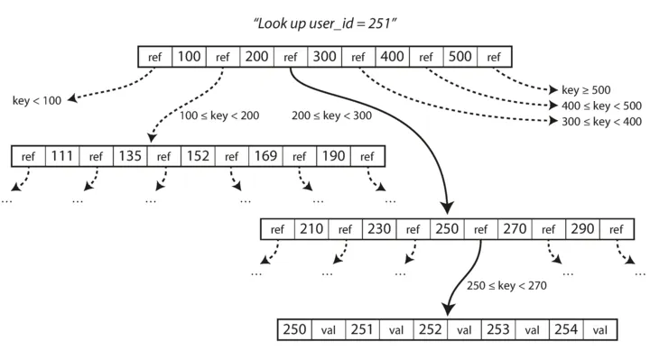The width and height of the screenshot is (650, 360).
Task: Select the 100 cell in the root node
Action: [x=189, y=57]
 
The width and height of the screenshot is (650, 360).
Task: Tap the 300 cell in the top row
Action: [x=324, y=57]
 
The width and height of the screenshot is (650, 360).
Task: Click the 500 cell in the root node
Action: [x=460, y=57]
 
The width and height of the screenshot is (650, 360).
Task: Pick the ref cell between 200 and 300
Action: [x=290, y=57]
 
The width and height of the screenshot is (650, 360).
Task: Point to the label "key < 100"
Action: [x=37, y=101]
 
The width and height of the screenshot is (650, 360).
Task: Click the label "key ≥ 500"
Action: [x=588, y=91]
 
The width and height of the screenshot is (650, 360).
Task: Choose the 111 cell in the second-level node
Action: [x=61, y=156]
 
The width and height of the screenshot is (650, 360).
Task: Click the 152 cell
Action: [x=197, y=156]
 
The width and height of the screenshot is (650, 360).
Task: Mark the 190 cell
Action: [x=332, y=156]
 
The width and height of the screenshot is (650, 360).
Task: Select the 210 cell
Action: [x=311, y=229]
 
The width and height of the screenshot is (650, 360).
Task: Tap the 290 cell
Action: [x=582, y=229]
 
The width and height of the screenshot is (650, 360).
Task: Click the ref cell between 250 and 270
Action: [x=480, y=229]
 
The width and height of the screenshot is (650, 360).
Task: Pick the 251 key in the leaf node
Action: [x=361, y=329]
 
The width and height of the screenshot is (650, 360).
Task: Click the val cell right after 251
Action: [x=395, y=329]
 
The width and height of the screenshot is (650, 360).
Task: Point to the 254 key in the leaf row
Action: [x=565, y=329]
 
